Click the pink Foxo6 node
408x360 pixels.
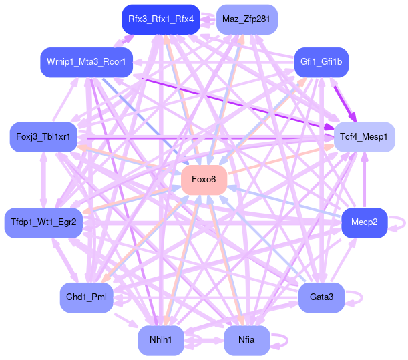coord(204,180)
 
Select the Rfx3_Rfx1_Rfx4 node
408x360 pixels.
coord(161,19)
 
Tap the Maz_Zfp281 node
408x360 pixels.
coord(247,19)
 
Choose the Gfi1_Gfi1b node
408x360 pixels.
coord(321,62)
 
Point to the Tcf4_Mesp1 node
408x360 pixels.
coord(364,137)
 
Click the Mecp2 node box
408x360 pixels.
coord(365,222)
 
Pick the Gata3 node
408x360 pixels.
coord(321,297)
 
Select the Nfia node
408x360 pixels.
coord(247,340)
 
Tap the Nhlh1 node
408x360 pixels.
coord(161,340)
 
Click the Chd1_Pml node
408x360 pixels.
coord(86,297)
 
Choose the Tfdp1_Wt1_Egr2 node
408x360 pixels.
coord(43,222)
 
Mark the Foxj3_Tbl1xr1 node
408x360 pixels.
coord(43,137)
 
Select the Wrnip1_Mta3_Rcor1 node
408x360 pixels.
coord(86,62)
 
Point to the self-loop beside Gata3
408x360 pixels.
coord(356,297)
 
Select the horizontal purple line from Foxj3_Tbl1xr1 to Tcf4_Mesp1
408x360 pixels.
coord(200,138)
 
